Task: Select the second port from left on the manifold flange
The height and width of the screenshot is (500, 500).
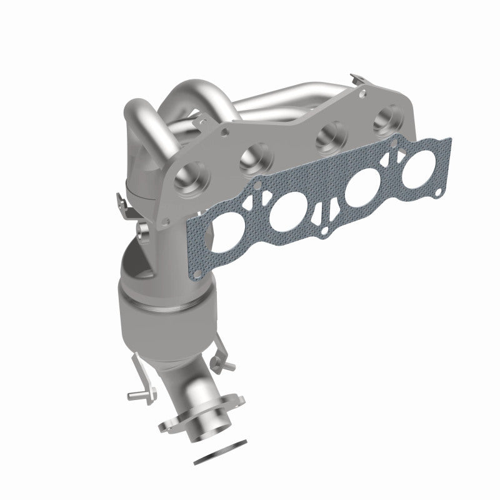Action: [254, 156]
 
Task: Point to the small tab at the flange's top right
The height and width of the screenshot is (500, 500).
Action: [358, 80]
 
